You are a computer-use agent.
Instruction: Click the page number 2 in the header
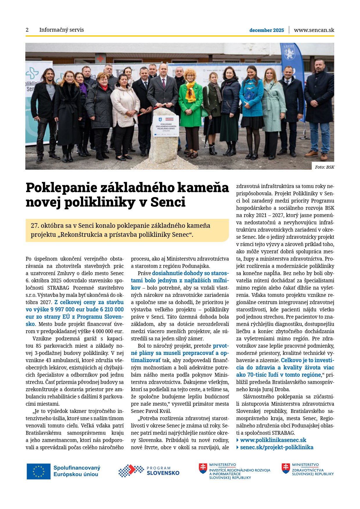click(x=27, y=30)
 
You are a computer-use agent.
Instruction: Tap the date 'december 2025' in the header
click(x=267, y=30)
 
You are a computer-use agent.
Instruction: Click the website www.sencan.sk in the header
click(x=314, y=30)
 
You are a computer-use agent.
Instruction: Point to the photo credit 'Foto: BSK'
click(x=325, y=167)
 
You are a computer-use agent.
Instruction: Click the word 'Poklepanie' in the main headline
click(x=61, y=188)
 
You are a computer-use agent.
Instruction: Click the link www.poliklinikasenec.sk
click(x=273, y=440)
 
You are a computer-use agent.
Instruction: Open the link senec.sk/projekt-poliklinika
click(x=276, y=447)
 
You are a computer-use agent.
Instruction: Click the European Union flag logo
click(x=38, y=471)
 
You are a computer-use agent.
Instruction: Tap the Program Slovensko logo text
click(x=163, y=471)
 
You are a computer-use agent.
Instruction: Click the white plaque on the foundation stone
click(x=165, y=126)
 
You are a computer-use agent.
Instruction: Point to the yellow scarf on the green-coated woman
click(x=191, y=90)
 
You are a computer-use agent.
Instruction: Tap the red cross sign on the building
click(x=100, y=59)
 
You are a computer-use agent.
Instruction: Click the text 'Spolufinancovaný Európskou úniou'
click(x=77, y=471)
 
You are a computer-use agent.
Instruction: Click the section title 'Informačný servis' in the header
click(x=62, y=30)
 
